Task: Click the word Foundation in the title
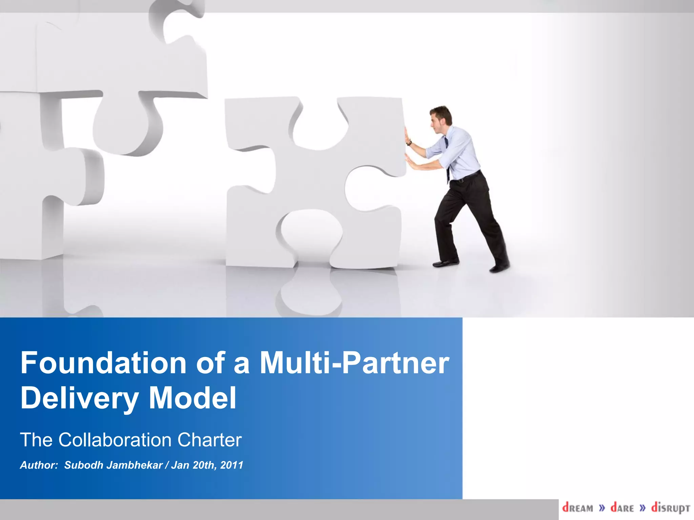pyautogui.click(x=103, y=363)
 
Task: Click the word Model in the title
pyautogui.click(x=192, y=398)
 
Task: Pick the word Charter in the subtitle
pyautogui.click(x=209, y=440)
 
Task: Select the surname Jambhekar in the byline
pyautogui.click(x=135, y=465)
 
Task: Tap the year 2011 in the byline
pyautogui.click(x=231, y=465)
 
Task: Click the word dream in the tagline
pyautogui.click(x=578, y=508)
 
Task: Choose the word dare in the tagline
pyautogui.click(x=622, y=508)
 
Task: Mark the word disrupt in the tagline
pyautogui.click(x=670, y=508)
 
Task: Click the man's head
pyautogui.click(x=441, y=118)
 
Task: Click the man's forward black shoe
pyautogui.click(x=445, y=263)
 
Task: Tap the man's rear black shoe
pyautogui.click(x=499, y=266)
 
